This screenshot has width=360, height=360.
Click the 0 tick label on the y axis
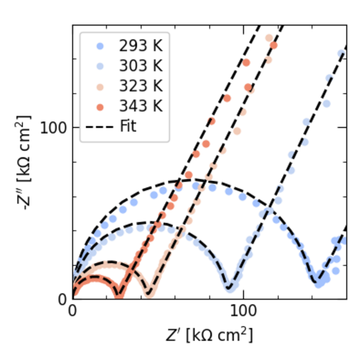[63, 299]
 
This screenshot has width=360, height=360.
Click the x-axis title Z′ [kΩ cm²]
[209, 335]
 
